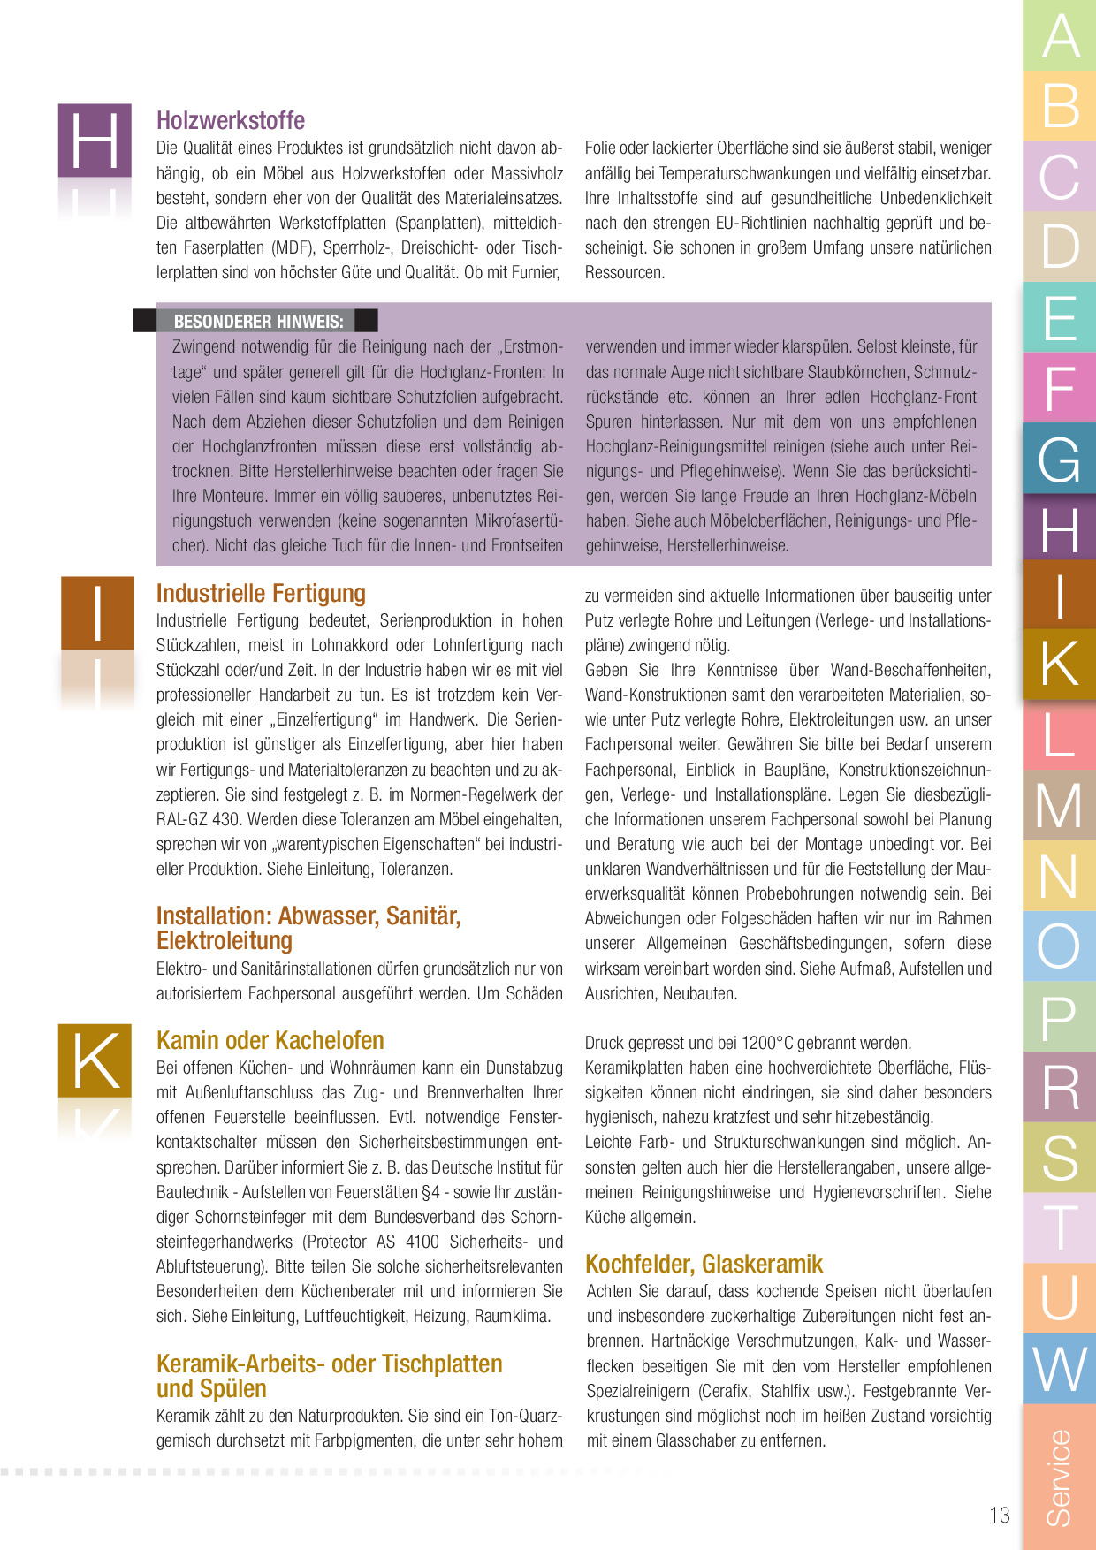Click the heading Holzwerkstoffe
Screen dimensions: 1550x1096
tap(231, 120)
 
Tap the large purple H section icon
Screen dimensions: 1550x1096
tap(95, 140)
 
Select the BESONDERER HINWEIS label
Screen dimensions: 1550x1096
tap(258, 322)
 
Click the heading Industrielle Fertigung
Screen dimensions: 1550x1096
tap(261, 593)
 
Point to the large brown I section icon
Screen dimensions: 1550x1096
tap(97, 612)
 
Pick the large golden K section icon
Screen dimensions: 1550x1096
tap(95, 1060)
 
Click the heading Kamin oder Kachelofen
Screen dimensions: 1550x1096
tap(270, 1040)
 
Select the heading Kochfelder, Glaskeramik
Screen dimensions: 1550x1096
tap(704, 1264)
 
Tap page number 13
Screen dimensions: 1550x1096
tap(999, 1516)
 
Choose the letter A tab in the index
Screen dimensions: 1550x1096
tap(1060, 35)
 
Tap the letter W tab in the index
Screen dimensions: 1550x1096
tap(1060, 1368)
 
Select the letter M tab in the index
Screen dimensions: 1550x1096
tap(1060, 805)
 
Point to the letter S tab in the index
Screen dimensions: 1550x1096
tap(1060, 1157)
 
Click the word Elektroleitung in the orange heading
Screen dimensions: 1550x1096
tap(225, 940)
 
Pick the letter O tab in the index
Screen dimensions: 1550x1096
tap(1060, 946)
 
